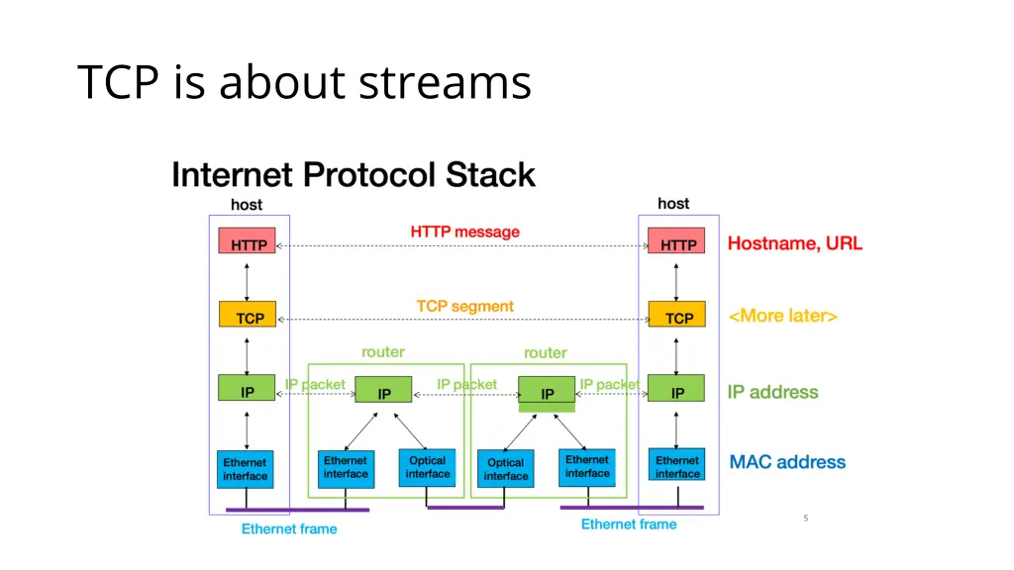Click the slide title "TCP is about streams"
coord(304,82)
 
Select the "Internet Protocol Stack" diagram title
coord(354,175)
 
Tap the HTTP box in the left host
coord(248,243)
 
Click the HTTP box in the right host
coord(677,243)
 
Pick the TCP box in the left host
coord(248,317)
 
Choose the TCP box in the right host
coord(677,317)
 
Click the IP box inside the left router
coord(383,393)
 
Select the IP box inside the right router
coord(547,393)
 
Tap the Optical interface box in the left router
coord(427,467)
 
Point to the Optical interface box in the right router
coord(506,468)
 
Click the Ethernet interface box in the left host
coord(246,469)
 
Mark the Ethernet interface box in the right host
coord(677,467)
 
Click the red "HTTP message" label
coord(464,232)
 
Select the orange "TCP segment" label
coord(464,306)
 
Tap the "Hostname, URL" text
coord(794,243)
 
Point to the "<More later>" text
coord(782,317)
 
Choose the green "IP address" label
coord(772,392)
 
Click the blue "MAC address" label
coord(787,462)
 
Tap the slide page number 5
coord(806,518)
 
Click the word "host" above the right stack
coord(673,203)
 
